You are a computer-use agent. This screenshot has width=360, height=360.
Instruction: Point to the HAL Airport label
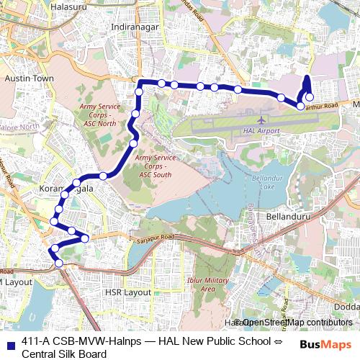[262, 131]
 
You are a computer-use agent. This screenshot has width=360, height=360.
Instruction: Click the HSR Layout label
[127, 293]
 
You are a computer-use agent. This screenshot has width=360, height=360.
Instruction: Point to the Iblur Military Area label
[208, 284]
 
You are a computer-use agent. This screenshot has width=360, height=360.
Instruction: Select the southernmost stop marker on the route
[59, 264]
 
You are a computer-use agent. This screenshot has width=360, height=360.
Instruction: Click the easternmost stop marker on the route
[310, 97]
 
